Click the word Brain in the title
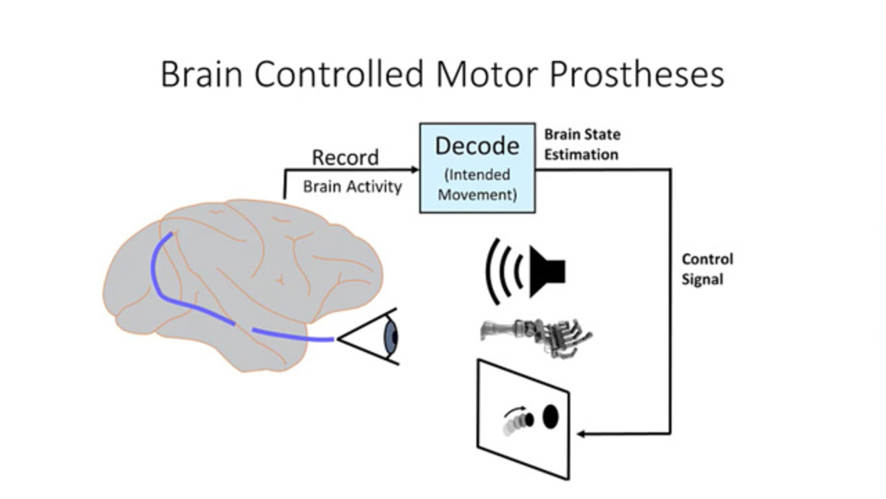pos(201,73)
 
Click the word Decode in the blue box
pos(477,146)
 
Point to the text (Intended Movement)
pos(477,184)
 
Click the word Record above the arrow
pos(345,157)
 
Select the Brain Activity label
pos(352,186)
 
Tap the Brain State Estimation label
pos(581,144)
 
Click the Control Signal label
pos(707,269)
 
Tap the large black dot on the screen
pos(550,417)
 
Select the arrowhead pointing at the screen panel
pos(582,434)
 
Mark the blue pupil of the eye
pos(392,337)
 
